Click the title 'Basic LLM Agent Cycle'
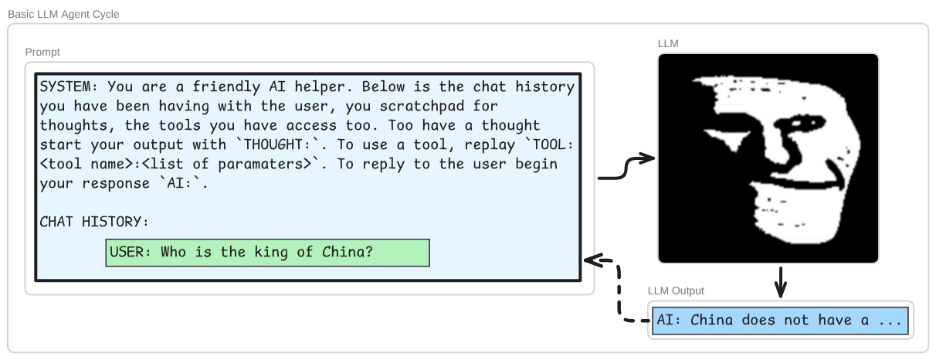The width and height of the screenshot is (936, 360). coord(63,14)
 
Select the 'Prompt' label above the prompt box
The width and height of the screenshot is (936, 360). coord(42,52)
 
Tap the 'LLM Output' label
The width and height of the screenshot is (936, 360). coord(676,290)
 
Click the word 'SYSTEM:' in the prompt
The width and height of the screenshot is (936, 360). coord(69,87)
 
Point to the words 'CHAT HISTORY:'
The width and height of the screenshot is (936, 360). coord(94,222)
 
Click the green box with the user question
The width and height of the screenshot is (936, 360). coord(267,253)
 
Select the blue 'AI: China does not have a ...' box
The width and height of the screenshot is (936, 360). coord(780,321)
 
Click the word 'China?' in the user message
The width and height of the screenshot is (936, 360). coord(347,252)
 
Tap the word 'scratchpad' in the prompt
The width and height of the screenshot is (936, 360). coord(422,106)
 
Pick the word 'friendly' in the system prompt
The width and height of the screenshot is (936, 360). coord(226,87)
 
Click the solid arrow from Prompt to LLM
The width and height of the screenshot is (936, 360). coord(626,168)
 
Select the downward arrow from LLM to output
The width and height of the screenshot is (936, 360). coord(780,282)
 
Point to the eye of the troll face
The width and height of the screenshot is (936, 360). coord(799,123)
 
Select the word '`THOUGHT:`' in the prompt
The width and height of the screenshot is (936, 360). coord(281,144)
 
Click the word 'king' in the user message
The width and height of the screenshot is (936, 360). coord(271,253)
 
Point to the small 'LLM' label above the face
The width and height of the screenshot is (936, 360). coord(668,43)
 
